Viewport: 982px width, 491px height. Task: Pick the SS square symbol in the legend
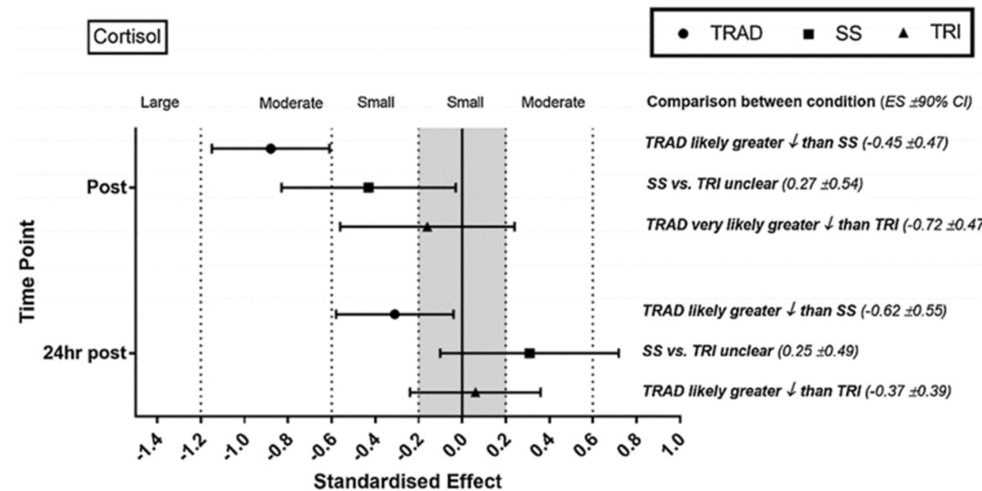click(808, 35)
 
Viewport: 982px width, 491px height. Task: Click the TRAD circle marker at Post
click(271, 149)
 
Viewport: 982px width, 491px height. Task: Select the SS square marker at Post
click(368, 187)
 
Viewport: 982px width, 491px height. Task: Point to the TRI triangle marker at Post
click(427, 227)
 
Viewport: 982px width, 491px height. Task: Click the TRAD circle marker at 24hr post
click(394, 314)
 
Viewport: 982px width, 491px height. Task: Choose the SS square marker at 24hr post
click(529, 353)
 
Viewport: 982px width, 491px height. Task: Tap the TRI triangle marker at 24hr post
click(475, 393)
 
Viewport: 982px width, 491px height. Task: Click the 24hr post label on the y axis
click(88, 353)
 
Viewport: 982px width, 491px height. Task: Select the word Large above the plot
click(160, 103)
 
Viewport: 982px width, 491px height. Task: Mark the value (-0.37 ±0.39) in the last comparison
click(908, 391)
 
